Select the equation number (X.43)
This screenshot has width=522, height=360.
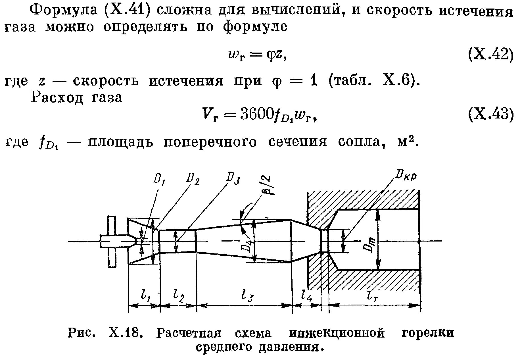[x=490, y=114]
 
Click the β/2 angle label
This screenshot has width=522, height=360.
[x=266, y=186]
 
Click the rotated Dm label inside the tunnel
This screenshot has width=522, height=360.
[x=370, y=244]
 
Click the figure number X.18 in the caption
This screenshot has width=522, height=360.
[x=125, y=333]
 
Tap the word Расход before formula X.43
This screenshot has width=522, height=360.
[x=57, y=98]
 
